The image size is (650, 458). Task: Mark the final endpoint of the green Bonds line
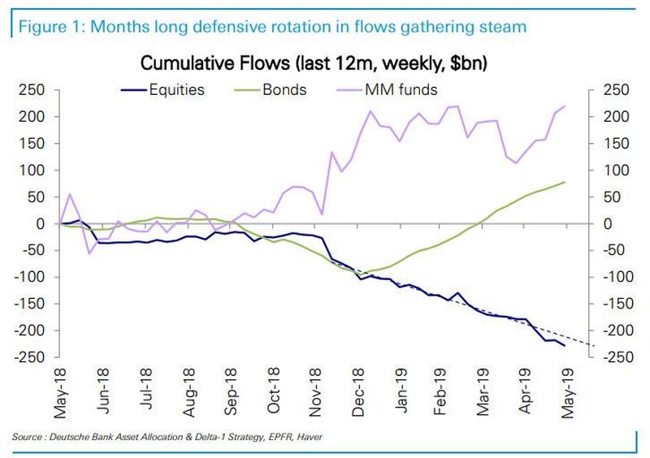565,182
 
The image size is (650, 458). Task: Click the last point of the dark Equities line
565,346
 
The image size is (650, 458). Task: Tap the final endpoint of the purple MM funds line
565,106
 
